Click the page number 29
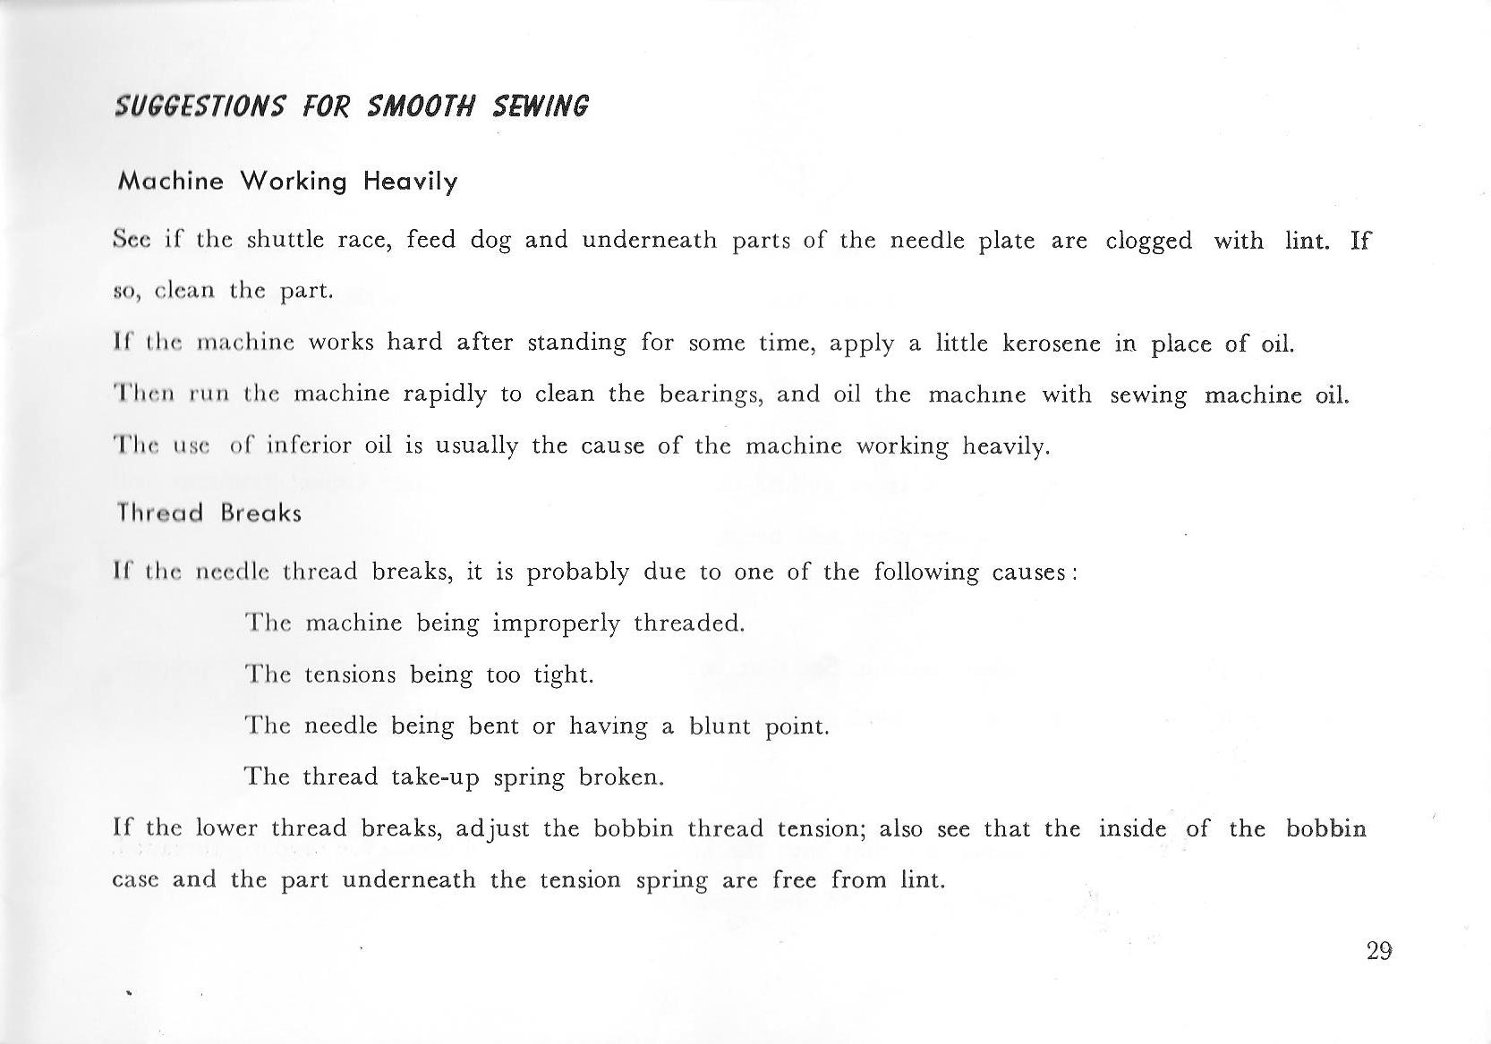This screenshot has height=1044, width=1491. click(1379, 950)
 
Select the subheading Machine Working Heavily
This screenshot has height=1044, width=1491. click(287, 182)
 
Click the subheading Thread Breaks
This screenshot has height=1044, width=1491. click(209, 514)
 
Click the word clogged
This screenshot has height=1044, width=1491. click(1148, 242)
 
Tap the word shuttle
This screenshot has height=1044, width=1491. click(285, 240)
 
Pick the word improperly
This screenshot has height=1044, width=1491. click(556, 624)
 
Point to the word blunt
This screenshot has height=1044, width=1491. click(720, 726)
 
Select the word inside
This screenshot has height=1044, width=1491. click(1131, 828)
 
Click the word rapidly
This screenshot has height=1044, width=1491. click(445, 395)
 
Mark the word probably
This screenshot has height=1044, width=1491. click(577, 573)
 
